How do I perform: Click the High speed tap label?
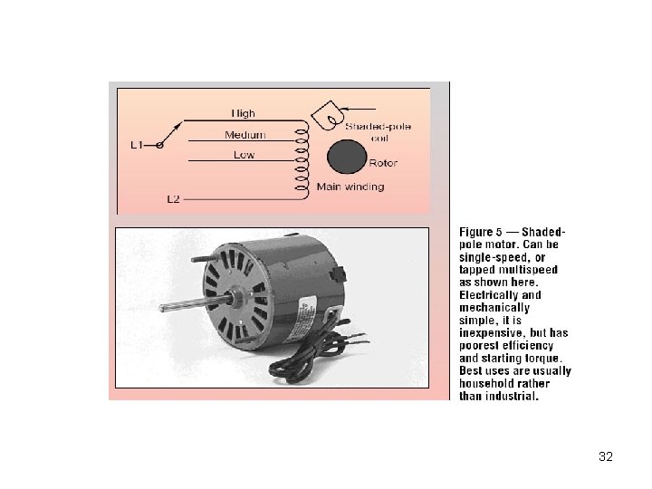click(x=243, y=113)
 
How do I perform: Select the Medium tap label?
click(x=245, y=135)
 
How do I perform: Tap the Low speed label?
click(x=244, y=155)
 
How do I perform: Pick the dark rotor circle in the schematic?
click(x=344, y=156)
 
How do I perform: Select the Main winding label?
click(x=350, y=187)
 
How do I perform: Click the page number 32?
click(x=606, y=456)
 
